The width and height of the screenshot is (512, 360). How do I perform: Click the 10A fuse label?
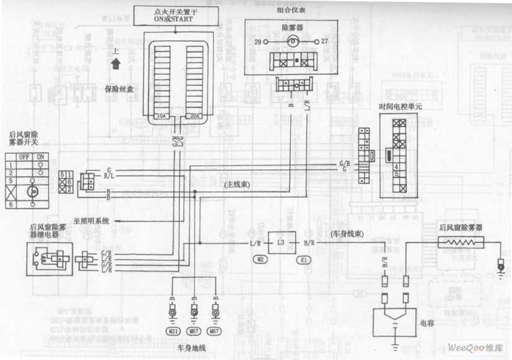161,116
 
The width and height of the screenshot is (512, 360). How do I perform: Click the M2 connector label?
262,259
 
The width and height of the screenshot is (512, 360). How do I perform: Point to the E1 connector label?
304,259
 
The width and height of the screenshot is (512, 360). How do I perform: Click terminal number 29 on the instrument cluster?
257,42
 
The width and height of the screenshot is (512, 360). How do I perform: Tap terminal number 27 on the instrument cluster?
324,42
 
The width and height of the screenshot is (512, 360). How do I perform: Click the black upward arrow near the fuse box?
116,62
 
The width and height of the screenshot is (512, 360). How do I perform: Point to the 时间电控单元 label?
400,106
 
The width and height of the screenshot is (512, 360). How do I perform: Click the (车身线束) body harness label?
344,234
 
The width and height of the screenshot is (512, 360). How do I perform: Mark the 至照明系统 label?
91,220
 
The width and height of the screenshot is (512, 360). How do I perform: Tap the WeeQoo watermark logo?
476,346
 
